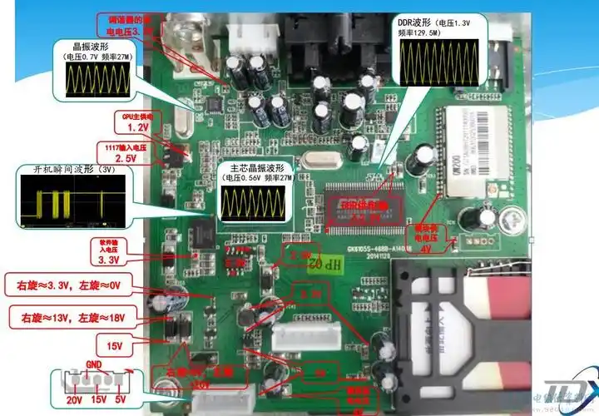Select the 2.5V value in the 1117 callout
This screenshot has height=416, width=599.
(126, 158)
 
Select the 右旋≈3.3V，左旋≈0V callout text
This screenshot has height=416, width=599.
(74, 287)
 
